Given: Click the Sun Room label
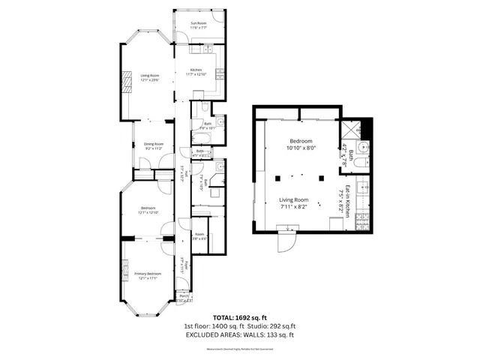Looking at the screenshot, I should tap(198, 25).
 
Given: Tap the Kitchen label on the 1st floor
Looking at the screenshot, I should tap(197, 71).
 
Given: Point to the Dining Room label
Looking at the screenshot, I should tap(143, 146).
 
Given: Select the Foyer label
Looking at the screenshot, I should tap(182, 265).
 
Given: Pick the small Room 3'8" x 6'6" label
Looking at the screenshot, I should tap(199, 235).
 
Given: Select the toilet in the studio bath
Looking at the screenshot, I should tap(361, 164).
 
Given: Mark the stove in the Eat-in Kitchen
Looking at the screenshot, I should tap(361, 220).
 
